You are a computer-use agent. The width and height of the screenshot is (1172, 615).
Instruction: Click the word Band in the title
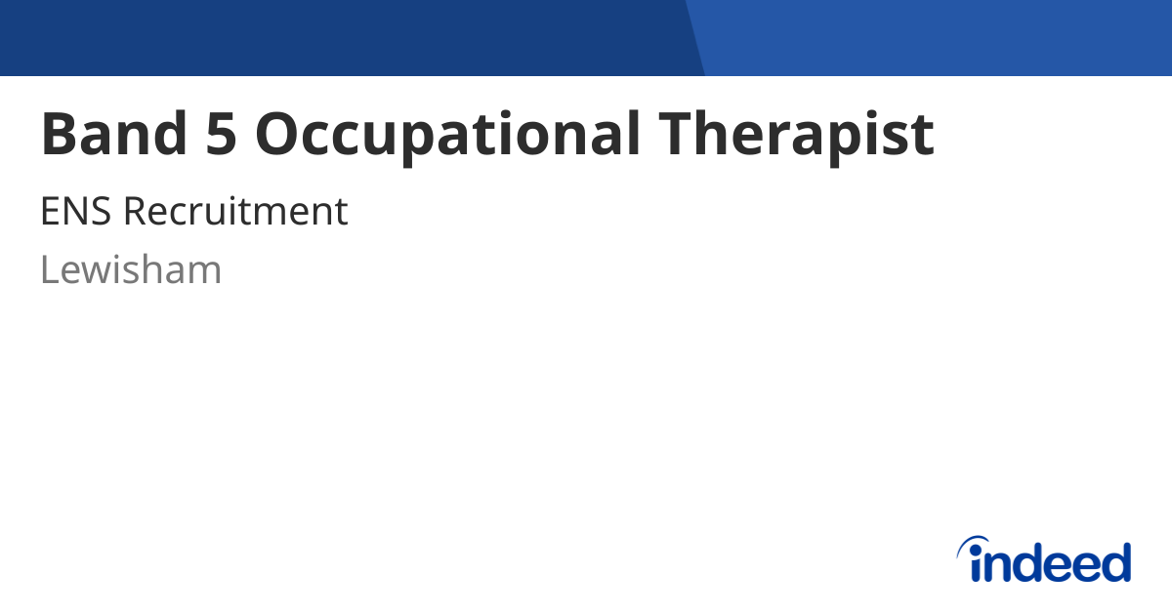click(114, 134)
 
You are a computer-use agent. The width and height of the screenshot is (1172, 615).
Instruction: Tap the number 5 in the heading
click(221, 134)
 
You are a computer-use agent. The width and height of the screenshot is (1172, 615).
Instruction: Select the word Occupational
click(447, 137)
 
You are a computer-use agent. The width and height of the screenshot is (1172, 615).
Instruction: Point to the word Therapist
click(796, 137)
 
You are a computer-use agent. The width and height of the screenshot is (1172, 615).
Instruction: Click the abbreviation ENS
click(76, 211)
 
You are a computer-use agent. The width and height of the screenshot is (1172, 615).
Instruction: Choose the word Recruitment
click(236, 211)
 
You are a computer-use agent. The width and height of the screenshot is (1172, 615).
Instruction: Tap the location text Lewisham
click(131, 268)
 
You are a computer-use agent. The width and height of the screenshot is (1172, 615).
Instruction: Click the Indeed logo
click(1044, 558)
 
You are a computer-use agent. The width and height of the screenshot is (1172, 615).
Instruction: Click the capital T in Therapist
click(677, 134)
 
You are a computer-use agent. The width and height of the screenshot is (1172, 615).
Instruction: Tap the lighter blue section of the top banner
click(937, 38)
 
